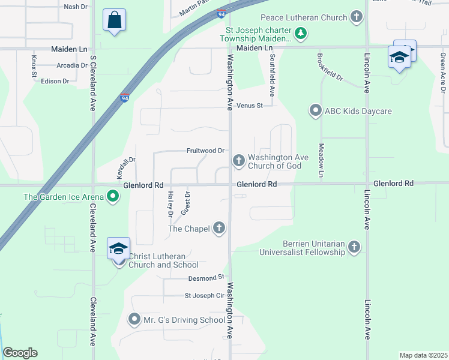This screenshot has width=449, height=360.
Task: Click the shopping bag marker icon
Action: point(114,20)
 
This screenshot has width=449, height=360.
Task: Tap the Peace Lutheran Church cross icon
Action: point(357,17)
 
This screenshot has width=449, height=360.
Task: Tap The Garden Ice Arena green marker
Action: point(112,196)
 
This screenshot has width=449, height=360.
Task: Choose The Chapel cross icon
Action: point(219,228)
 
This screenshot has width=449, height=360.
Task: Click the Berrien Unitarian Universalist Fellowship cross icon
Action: point(354,247)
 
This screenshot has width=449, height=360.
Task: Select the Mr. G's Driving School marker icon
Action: point(134,319)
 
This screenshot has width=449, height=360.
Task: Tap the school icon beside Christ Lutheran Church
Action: point(118,248)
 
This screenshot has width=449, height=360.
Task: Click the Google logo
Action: point(20,353)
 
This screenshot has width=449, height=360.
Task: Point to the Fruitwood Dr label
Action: point(205,151)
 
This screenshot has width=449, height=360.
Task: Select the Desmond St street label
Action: point(206,277)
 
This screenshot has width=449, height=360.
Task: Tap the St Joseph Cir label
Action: point(204,295)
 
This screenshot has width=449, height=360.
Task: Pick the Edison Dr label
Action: point(55,81)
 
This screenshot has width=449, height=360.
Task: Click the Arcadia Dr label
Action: point(73,65)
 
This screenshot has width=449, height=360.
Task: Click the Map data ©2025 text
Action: point(423,355)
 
